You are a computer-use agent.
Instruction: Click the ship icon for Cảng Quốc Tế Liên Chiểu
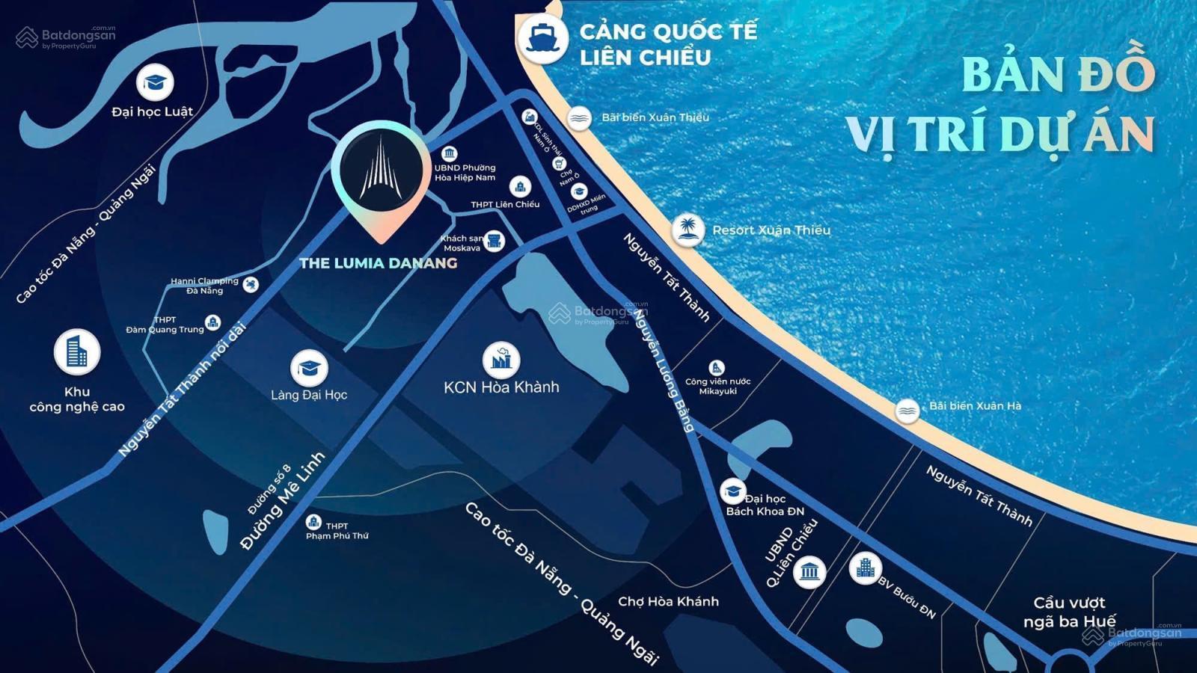(542, 37)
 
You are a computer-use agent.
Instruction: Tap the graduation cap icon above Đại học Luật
(155, 82)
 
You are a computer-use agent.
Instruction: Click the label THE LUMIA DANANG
(378, 263)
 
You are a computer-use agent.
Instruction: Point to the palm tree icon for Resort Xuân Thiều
(687, 230)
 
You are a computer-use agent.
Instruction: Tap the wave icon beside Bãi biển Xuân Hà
(907, 410)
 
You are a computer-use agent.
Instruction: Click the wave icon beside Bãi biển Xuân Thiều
(579, 117)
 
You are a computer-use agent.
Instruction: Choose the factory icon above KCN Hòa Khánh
(501, 360)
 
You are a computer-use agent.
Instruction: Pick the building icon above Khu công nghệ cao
(76, 351)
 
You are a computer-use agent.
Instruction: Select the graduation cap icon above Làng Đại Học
(309, 368)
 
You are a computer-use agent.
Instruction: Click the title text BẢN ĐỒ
(1058, 73)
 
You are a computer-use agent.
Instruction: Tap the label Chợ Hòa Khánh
(668, 601)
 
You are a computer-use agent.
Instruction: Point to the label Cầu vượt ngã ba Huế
(1069, 612)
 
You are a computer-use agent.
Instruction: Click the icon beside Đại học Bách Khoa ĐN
(732, 491)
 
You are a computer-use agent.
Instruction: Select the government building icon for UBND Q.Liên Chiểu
(809, 572)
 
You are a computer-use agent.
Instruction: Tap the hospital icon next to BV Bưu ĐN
(865, 568)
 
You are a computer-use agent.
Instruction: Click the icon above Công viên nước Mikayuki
(717, 367)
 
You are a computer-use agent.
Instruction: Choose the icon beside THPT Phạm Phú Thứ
(313, 522)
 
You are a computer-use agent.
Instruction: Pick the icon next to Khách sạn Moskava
(494, 241)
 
